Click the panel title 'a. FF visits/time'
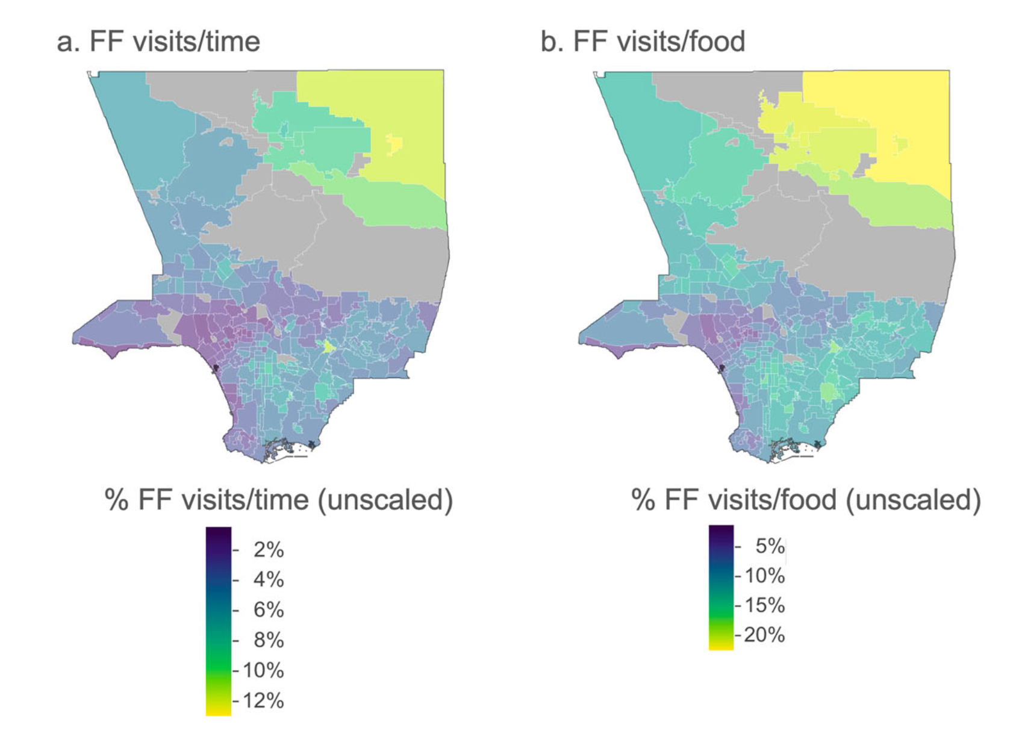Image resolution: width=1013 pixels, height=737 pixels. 158,42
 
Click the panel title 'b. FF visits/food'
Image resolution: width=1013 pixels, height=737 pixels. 643,42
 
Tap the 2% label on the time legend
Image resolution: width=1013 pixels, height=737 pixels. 268,550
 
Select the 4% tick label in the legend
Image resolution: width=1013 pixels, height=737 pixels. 268,580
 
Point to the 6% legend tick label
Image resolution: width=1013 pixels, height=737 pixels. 268,610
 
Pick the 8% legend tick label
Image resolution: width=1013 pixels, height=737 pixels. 268,640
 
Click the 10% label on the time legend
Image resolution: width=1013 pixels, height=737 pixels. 263,670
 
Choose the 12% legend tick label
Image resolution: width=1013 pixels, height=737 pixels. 263,701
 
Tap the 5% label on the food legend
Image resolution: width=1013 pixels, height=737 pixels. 770,546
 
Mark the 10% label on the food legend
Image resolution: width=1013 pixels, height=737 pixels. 765,576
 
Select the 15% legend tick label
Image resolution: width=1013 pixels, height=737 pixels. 765,605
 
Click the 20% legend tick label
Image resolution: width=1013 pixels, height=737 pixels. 765,635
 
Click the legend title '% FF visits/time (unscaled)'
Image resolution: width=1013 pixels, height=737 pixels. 278,500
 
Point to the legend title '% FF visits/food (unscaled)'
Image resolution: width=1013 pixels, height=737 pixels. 806,500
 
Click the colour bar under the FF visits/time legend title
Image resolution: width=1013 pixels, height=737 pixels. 218,620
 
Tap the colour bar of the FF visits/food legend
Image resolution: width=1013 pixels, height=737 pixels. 721,587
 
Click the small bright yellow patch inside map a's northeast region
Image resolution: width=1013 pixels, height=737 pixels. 394,143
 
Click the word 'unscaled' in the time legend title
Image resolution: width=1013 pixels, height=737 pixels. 385,500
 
